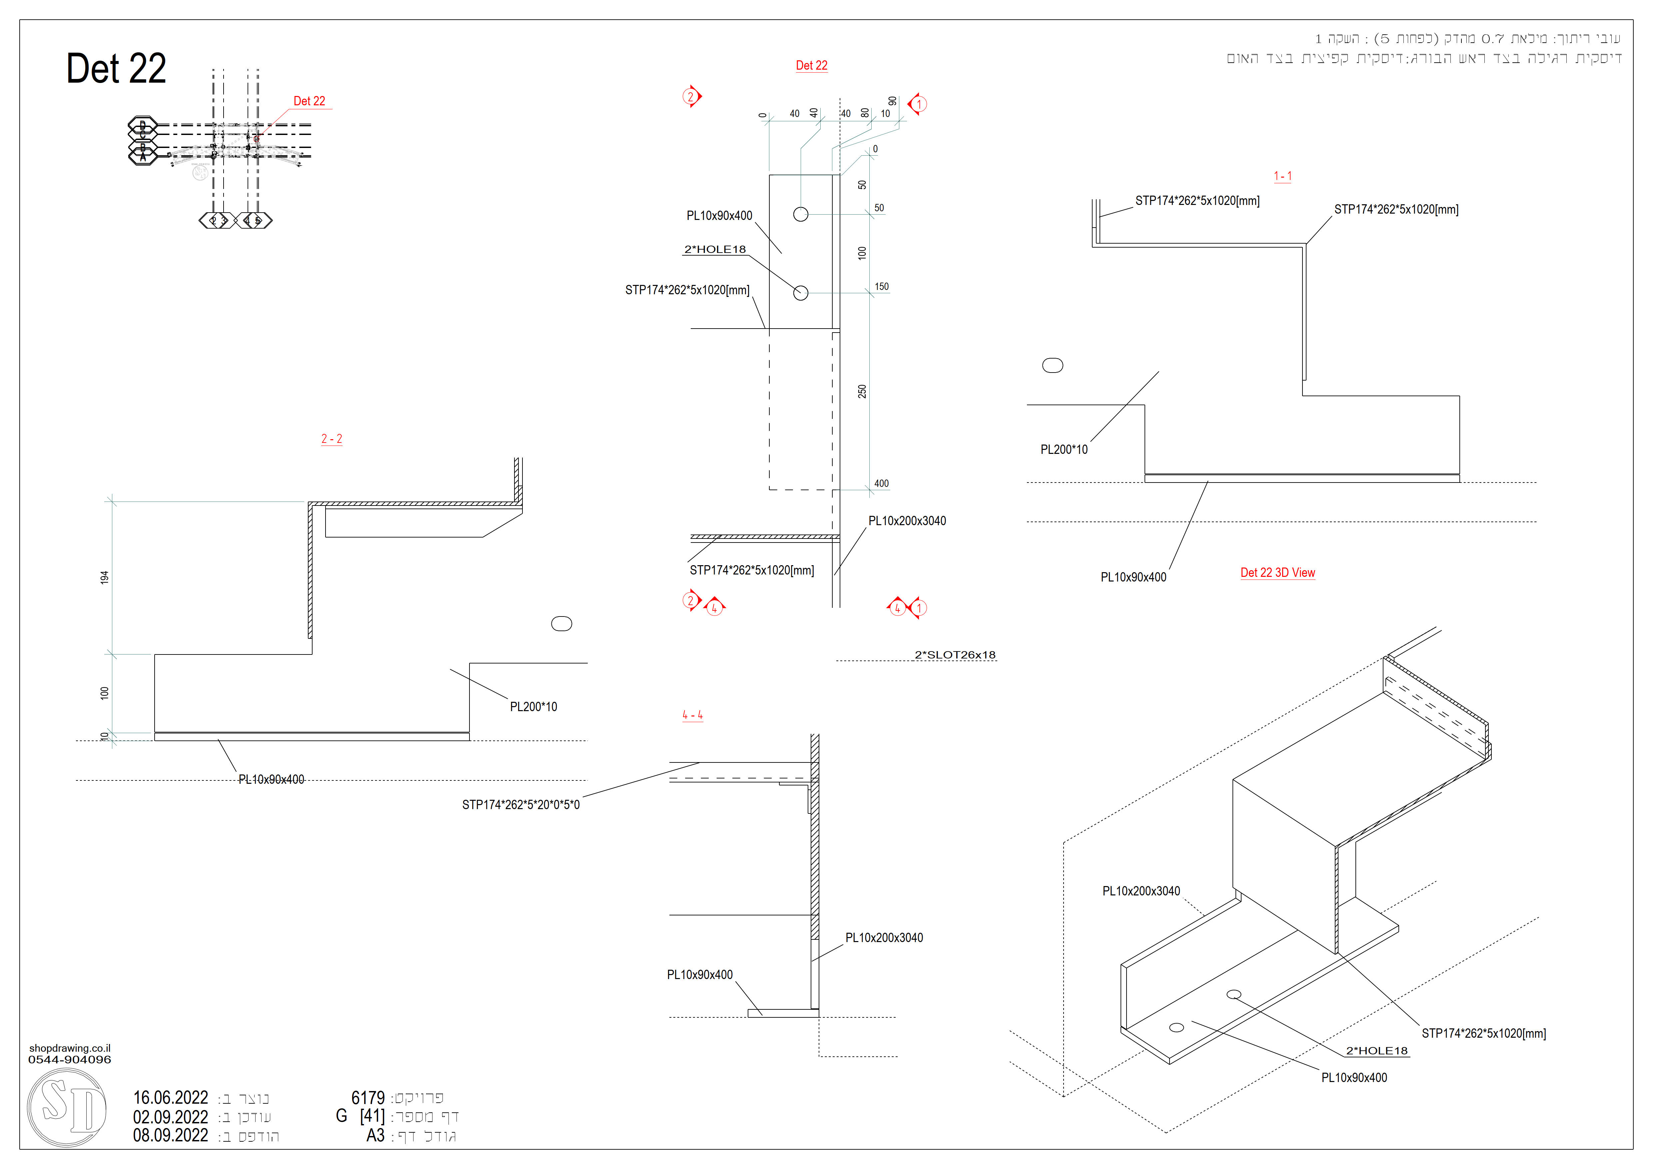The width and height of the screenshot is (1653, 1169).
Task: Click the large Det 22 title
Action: [x=116, y=69]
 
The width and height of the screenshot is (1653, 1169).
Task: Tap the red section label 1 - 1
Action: [x=1282, y=176]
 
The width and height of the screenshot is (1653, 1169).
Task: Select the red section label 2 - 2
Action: [x=331, y=439]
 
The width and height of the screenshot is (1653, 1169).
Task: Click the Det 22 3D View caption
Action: [x=1277, y=573]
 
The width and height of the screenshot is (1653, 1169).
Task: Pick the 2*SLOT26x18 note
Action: [x=955, y=655]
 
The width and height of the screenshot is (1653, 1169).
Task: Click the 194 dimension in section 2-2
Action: [x=104, y=577]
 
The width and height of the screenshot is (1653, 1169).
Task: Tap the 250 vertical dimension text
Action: [x=862, y=392]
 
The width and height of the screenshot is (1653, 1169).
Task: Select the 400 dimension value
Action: [x=881, y=484]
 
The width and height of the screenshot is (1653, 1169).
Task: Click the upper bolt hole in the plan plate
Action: [x=801, y=215]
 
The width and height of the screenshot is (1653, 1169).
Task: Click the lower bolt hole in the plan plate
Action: [x=801, y=293]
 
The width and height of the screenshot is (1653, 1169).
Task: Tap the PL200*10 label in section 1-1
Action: [x=1063, y=450]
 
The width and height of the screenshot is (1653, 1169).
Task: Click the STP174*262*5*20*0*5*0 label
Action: [x=520, y=805]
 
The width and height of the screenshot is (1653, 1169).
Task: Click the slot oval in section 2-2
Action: [x=561, y=624]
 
